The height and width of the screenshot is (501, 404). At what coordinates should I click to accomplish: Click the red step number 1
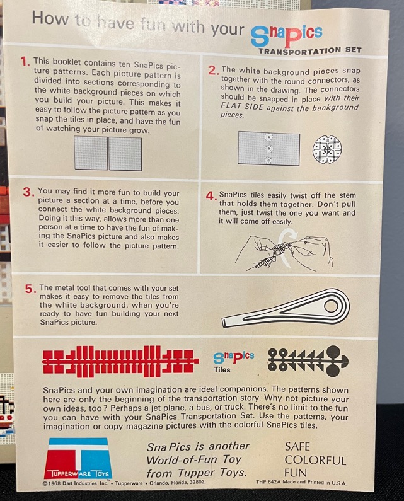(x=25, y=61)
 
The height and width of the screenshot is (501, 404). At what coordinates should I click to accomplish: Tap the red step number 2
(x=213, y=71)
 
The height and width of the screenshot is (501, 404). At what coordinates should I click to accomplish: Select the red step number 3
(x=28, y=192)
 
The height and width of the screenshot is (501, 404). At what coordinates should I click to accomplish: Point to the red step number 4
(x=211, y=196)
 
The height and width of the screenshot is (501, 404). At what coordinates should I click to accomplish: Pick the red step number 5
(x=30, y=289)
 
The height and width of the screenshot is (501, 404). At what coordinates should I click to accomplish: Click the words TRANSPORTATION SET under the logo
(x=310, y=50)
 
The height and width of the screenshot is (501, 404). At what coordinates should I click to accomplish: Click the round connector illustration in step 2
(x=327, y=149)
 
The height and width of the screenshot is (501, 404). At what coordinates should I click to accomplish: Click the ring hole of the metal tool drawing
(x=331, y=306)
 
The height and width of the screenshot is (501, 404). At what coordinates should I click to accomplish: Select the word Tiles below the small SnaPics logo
(x=222, y=370)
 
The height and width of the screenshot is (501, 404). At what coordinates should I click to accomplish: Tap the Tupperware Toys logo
(x=78, y=458)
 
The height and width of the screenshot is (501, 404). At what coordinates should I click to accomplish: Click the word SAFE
(x=297, y=446)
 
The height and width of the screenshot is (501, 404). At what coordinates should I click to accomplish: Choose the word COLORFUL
(x=315, y=460)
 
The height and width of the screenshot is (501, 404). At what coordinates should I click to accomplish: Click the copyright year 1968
(x=54, y=483)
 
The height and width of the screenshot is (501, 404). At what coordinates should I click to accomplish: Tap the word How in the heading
(x=50, y=18)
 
